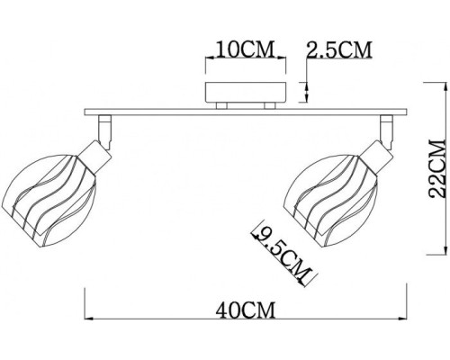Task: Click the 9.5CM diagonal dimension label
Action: tap(277, 251)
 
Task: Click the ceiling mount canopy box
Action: tap(245, 94)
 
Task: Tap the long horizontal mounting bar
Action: tap(244, 113)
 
